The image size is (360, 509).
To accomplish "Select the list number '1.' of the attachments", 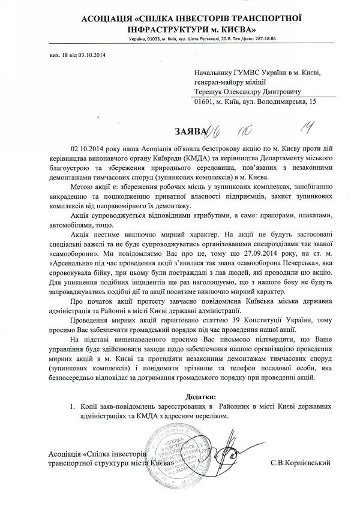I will (73, 408).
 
